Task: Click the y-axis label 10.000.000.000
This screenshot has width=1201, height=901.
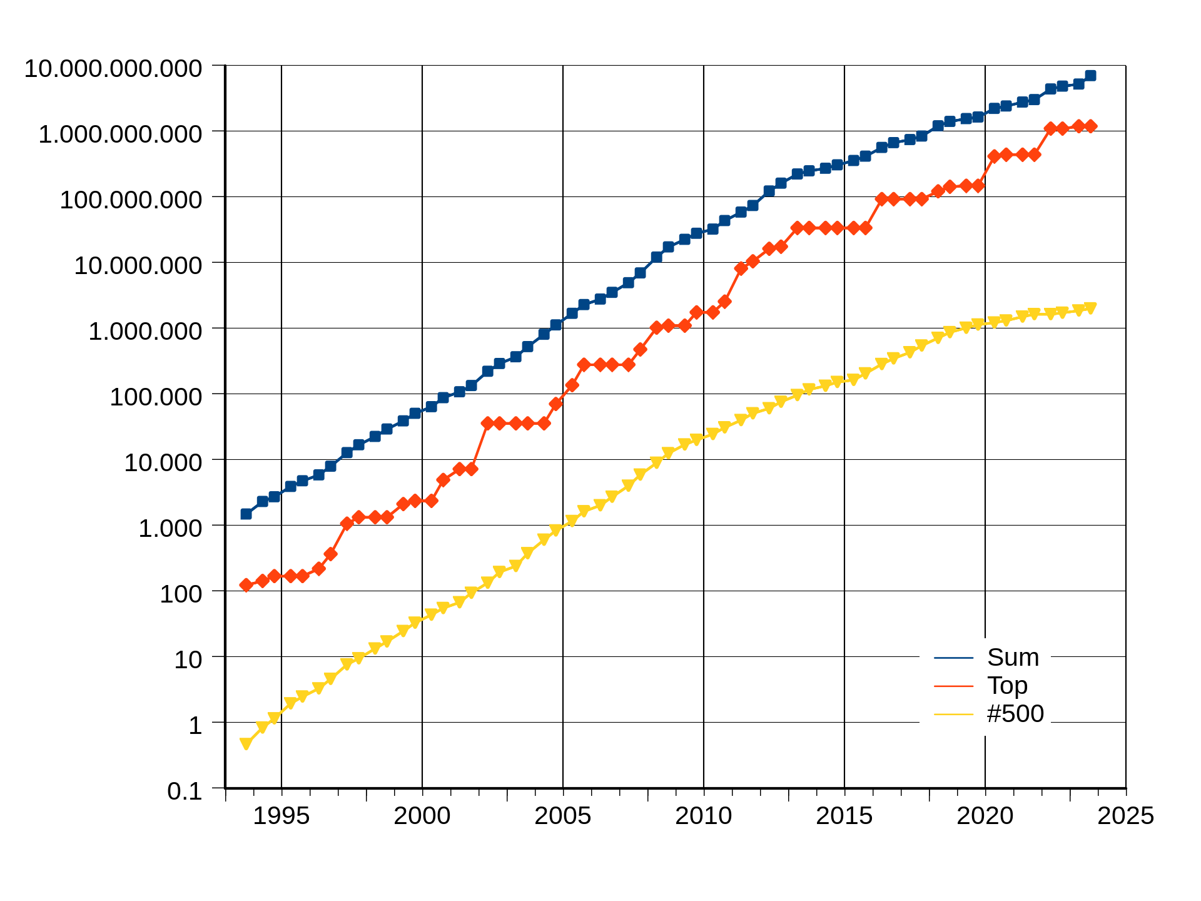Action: click(x=113, y=68)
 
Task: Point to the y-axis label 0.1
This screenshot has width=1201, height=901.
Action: click(x=185, y=792)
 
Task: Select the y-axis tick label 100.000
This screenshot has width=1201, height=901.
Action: click(x=156, y=397)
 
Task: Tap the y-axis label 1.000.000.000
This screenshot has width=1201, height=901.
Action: click(x=120, y=134)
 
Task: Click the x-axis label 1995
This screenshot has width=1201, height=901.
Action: click(x=281, y=816)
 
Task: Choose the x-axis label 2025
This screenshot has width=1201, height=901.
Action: click(x=1125, y=816)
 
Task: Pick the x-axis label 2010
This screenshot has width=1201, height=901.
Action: click(x=703, y=816)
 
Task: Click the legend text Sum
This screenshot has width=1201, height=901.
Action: click(x=1013, y=658)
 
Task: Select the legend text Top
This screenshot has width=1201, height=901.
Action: click(x=1007, y=686)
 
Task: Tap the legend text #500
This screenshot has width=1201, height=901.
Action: click(x=1015, y=714)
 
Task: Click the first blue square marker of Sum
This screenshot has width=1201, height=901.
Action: click(x=246, y=514)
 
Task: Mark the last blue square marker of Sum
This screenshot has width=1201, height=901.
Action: click(x=1090, y=76)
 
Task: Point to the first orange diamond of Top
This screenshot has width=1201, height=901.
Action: click(x=246, y=585)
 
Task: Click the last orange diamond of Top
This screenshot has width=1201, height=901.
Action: click(x=1090, y=126)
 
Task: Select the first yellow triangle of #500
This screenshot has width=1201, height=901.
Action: click(x=246, y=743)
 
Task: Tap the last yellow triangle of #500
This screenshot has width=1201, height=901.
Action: click(x=1090, y=308)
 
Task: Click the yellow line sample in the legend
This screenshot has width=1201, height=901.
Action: click(x=953, y=715)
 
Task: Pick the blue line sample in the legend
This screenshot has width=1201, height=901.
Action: click(x=953, y=658)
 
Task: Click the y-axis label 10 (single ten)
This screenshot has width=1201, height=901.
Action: click(x=188, y=659)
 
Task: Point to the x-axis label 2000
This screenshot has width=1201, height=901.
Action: click(x=422, y=816)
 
